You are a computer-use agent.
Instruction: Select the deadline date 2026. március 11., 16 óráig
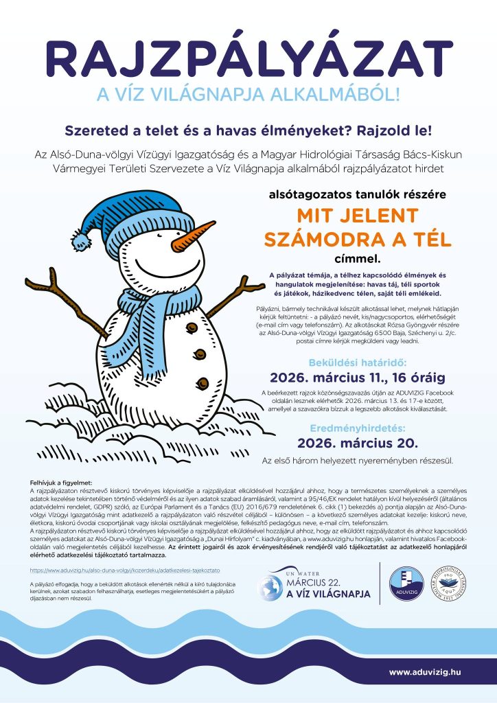357,377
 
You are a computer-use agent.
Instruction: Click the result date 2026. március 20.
357,441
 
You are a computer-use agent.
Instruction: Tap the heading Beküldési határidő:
357,360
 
